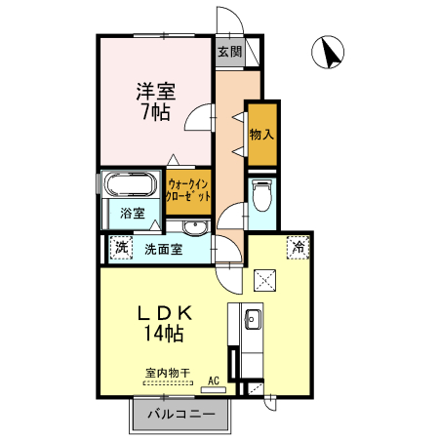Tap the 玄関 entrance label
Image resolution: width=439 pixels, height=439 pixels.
tap(228, 52)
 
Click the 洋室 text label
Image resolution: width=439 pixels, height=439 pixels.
tap(154, 93)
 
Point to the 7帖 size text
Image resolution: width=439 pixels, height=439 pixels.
tap(154, 112)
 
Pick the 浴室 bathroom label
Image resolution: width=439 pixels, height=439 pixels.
tap(132, 213)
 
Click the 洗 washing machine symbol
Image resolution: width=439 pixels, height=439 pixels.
tap(120, 248)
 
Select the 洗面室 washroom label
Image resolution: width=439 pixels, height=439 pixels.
tap(163, 249)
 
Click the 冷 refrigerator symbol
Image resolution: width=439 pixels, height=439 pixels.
tap(297, 248)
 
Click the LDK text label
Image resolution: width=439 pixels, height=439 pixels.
tap(162, 313)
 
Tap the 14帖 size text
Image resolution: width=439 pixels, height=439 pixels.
tap(162, 334)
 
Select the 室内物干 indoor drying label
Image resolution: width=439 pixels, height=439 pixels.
tap(167, 372)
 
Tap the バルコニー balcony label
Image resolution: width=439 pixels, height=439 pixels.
tap(181, 415)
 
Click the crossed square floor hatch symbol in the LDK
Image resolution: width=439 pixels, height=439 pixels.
tap(265, 281)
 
